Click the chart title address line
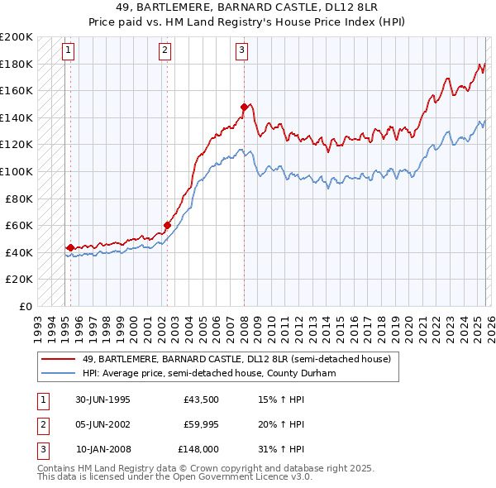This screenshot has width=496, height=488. [248, 7]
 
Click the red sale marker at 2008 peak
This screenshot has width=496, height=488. [245, 107]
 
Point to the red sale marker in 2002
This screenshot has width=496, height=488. [167, 225]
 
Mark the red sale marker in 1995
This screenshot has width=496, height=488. [70, 247]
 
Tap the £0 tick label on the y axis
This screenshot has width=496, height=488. [25, 306]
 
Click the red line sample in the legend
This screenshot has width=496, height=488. [59, 359]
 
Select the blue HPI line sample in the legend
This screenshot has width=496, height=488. [59, 373]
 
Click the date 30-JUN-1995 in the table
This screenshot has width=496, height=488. [103, 399]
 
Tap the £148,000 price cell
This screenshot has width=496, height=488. [198, 449]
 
